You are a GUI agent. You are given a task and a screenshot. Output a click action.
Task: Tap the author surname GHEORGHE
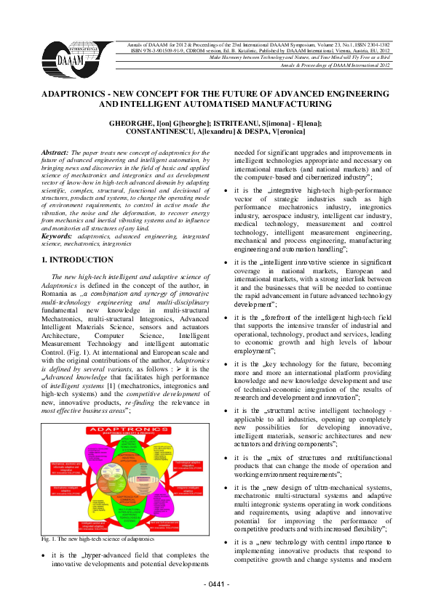click(132, 124)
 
